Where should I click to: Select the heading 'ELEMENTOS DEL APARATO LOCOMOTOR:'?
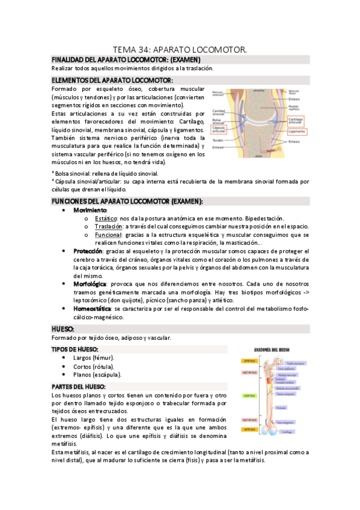(x=112, y=80)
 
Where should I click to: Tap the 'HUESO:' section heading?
(x=63, y=329)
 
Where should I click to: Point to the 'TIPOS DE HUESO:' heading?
(x=75, y=349)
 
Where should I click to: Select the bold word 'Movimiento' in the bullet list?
(x=90, y=210)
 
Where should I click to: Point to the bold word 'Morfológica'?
(x=90, y=283)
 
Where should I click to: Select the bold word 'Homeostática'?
(x=92, y=308)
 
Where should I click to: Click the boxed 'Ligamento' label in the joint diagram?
(x=296, y=131)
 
